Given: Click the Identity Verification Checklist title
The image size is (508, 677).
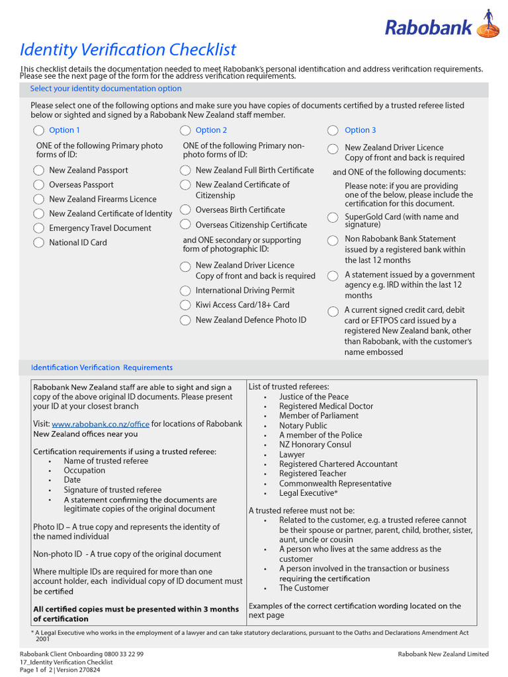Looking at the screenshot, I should pyautogui.click(x=128, y=50).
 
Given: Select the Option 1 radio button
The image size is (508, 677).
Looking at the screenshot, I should pyautogui.click(x=39, y=130).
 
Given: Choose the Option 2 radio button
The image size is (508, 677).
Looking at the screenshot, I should pyautogui.click(x=186, y=130).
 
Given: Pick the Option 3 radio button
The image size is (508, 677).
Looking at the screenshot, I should pyautogui.click(x=333, y=130).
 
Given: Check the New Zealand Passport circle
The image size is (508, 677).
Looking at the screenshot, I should pyautogui.click(x=39, y=171).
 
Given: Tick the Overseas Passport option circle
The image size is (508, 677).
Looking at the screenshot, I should pyautogui.click(x=39, y=185).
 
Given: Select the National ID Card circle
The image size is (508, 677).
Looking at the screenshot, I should pyautogui.click(x=39, y=243).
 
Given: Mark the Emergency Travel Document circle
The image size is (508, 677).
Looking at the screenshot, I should pyautogui.click(x=39, y=228).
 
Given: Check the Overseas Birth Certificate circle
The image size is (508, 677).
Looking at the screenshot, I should pyautogui.click(x=186, y=210).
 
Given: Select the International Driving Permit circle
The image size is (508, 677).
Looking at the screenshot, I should pyautogui.click(x=186, y=291).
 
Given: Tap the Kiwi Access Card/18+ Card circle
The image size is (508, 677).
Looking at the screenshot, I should pyautogui.click(x=186, y=305).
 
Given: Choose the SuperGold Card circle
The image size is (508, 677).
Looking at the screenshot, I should pyautogui.click(x=333, y=218).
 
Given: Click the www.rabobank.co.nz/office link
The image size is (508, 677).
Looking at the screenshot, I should pyautogui.click(x=100, y=424).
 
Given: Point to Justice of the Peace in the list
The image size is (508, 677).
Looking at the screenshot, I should pyautogui.click(x=314, y=397).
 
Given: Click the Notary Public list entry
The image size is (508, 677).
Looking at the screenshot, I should pyautogui.click(x=303, y=426).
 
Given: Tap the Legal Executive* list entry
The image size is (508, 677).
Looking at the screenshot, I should pyautogui.click(x=308, y=493).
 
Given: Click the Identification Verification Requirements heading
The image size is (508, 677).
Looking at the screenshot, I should pyautogui.click(x=102, y=368).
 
